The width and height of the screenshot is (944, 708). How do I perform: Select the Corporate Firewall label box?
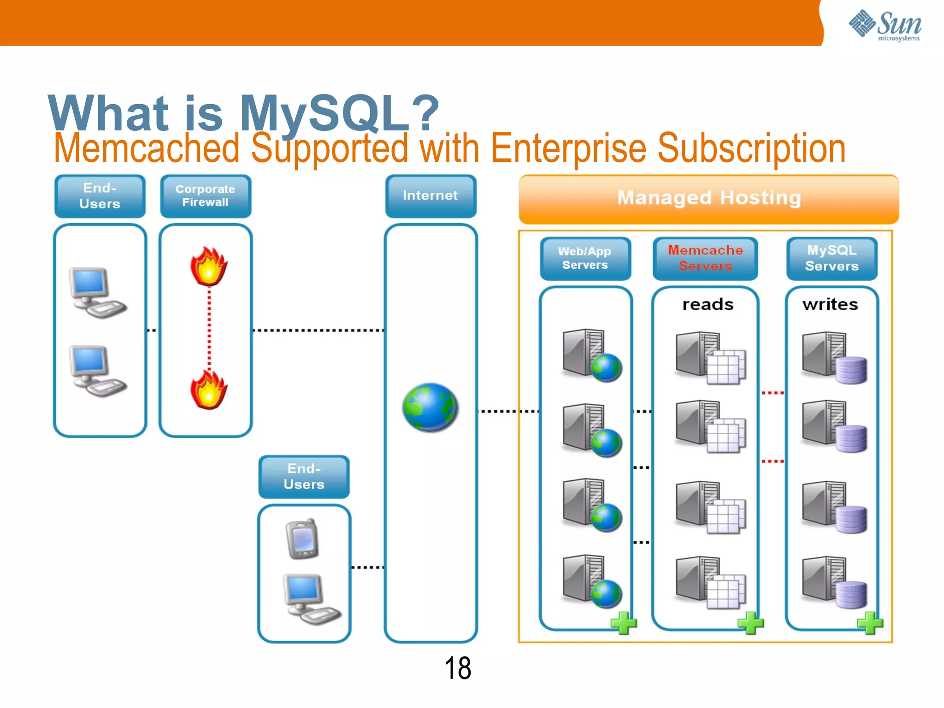(x=206, y=196)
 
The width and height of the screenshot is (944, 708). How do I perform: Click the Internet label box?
(x=431, y=196)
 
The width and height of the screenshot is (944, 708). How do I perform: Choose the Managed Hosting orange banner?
(x=708, y=199)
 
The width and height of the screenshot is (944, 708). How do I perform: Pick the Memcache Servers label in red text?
(x=705, y=258)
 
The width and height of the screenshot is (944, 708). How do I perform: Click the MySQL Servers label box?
(x=832, y=258)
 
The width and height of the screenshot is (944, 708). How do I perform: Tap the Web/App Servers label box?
(x=585, y=258)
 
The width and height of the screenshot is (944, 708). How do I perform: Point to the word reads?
(x=708, y=305)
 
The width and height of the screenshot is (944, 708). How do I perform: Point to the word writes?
(x=830, y=305)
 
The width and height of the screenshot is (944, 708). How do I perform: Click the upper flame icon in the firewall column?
(x=209, y=266)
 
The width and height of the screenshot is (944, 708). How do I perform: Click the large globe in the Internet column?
(x=430, y=407)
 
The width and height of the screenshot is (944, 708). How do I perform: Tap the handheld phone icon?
(x=302, y=539)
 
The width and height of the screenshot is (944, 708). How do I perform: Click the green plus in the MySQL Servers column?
(x=870, y=623)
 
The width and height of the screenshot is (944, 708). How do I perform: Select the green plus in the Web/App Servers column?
(x=623, y=623)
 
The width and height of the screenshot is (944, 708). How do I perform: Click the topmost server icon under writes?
(x=833, y=357)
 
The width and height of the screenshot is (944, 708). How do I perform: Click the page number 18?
(x=458, y=668)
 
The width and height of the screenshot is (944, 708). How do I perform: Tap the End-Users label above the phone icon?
(x=304, y=477)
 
